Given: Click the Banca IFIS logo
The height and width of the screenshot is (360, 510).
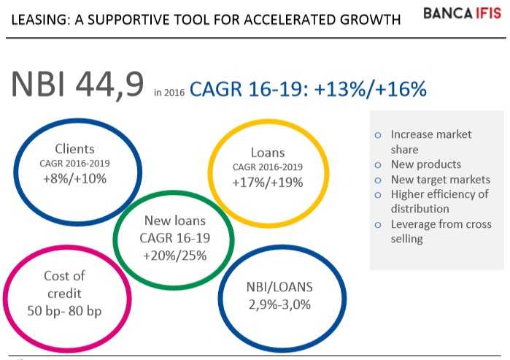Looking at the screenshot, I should [461, 14].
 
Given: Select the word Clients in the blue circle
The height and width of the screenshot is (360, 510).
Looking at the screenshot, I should [75, 150].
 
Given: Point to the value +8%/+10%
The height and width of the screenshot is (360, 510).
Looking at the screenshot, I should [75, 177].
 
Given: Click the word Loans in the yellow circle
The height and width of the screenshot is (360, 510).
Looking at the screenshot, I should [267, 153].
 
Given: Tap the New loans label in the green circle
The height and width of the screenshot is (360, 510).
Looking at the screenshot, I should [174, 221].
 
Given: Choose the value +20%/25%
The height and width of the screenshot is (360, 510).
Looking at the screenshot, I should [174, 255].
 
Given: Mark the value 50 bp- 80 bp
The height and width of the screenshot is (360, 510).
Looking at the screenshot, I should [64, 310].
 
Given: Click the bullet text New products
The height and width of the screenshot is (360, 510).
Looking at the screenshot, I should [426, 164].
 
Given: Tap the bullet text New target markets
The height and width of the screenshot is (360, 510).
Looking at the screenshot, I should [441, 180].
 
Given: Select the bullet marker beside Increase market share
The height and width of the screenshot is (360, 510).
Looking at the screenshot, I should [377, 135].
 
